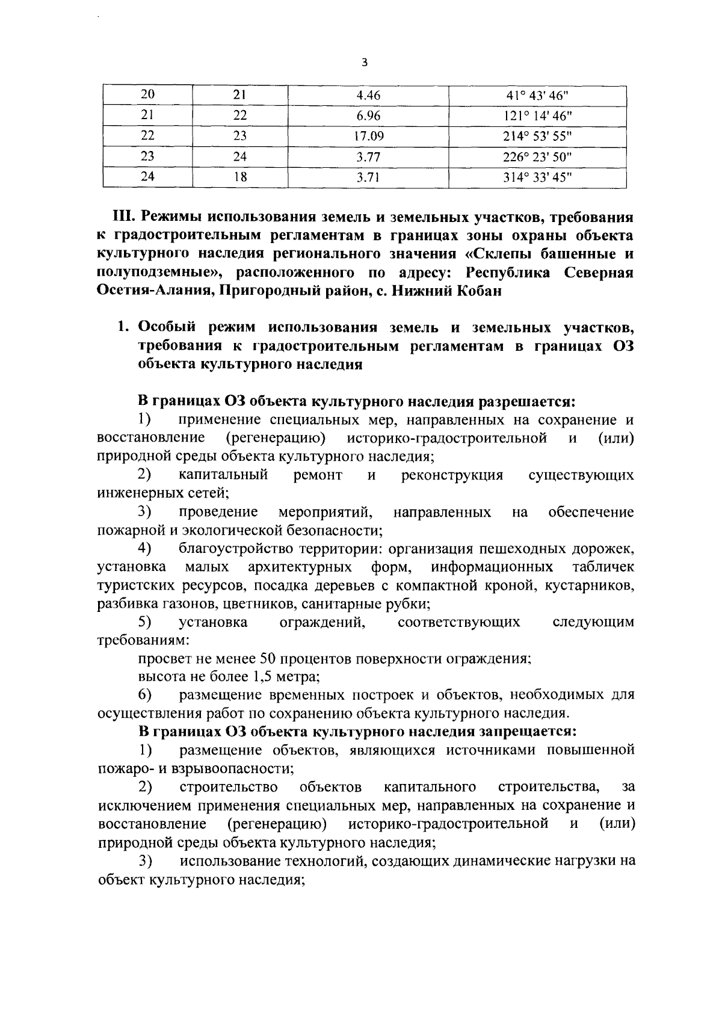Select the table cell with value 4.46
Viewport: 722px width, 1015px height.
368,96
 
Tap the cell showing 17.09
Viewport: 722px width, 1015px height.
368,136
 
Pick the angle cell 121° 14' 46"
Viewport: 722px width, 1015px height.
537,116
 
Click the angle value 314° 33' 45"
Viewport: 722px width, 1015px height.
537,177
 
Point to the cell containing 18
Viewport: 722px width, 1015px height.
240,177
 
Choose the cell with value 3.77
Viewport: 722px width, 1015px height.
368,157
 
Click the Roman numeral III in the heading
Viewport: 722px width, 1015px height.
123,216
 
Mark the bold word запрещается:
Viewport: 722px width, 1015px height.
527,732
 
